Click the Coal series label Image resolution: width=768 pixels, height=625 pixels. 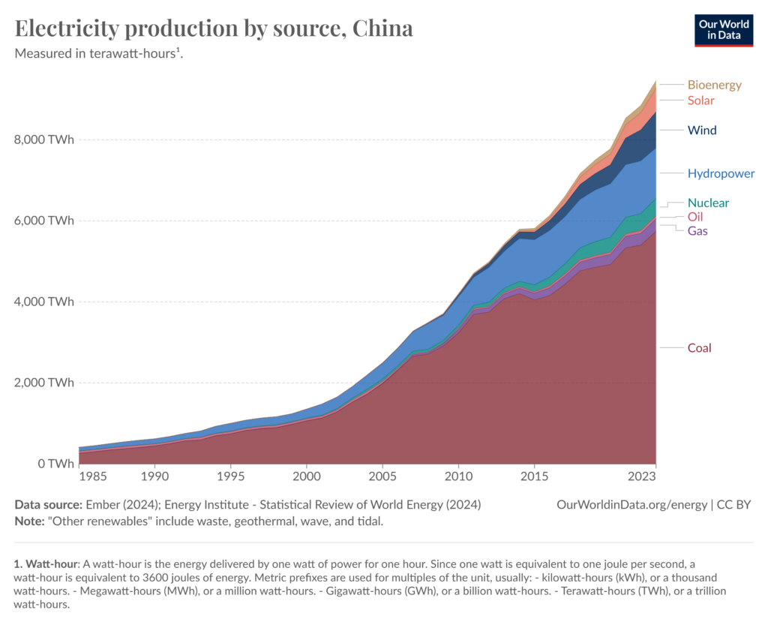tap(699, 348)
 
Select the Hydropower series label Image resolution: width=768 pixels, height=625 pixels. tap(721, 174)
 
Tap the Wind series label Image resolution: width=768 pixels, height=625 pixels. tap(702, 131)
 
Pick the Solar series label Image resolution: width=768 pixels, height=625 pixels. tap(700, 101)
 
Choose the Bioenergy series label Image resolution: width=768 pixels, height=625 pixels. tap(714, 85)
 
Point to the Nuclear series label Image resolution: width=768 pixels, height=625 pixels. tap(708, 203)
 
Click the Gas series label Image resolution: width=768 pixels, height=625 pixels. tap(697, 231)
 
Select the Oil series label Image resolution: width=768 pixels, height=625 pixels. tap(695, 217)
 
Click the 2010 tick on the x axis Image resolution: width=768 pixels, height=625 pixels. tap(458, 476)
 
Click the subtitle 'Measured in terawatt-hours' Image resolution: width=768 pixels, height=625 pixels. tap(97, 54)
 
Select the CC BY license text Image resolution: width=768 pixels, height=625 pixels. tap(735, 505)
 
